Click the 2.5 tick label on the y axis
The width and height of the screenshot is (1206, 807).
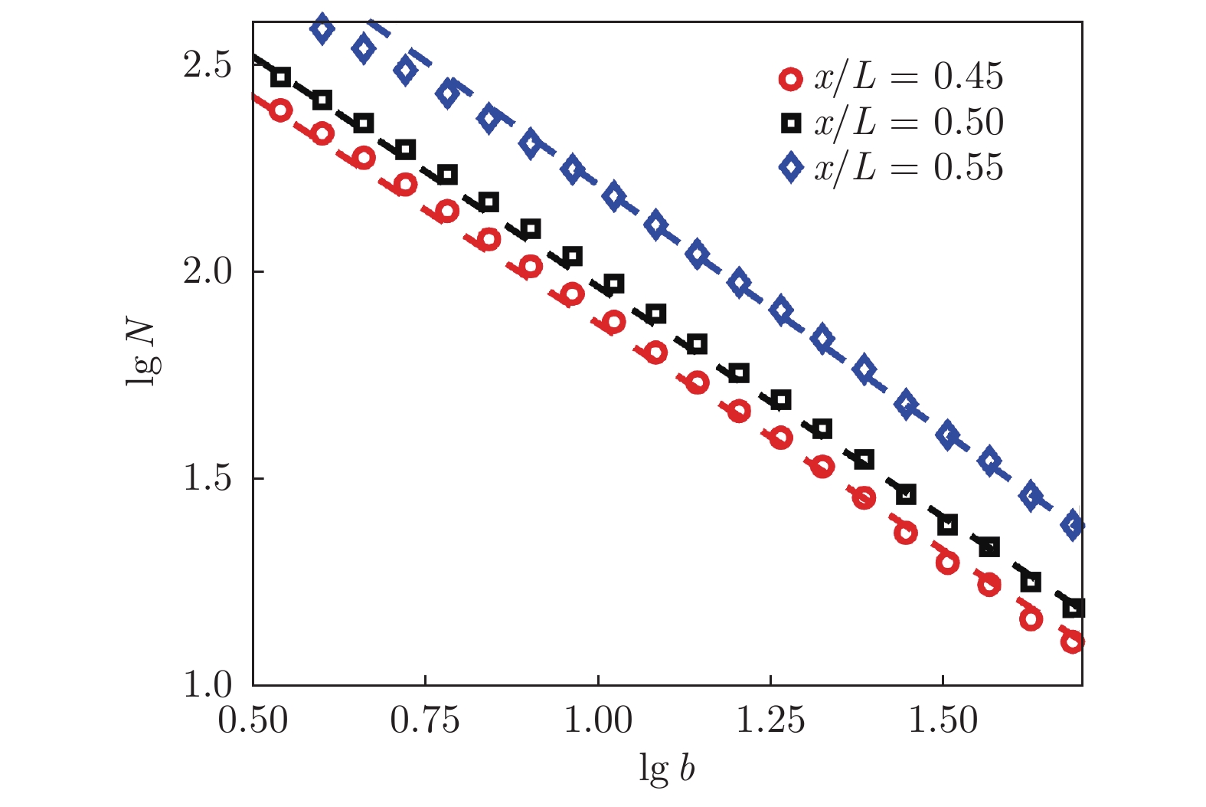208,66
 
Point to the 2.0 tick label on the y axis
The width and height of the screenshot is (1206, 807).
208,272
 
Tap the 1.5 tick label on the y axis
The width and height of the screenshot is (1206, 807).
208,478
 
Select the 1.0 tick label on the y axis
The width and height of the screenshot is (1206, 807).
208,684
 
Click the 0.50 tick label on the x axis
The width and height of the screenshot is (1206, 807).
253,720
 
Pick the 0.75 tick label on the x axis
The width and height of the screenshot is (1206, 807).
425,720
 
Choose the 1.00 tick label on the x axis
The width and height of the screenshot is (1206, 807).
598,720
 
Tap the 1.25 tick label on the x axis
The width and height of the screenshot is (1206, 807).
770,720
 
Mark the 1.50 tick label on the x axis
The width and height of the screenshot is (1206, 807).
943,720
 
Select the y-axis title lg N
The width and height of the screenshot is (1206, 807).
142,353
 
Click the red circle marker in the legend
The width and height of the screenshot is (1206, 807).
791,78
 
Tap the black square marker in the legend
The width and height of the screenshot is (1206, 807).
791,123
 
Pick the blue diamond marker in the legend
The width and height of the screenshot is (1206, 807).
791,168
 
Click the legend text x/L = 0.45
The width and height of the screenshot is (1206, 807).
908,77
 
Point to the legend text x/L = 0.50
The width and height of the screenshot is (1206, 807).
908,122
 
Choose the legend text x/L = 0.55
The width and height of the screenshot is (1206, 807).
908,167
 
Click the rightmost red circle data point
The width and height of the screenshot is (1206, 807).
1073,641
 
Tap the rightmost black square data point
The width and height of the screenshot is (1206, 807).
1074,608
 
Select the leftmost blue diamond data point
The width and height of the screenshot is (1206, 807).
322,29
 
